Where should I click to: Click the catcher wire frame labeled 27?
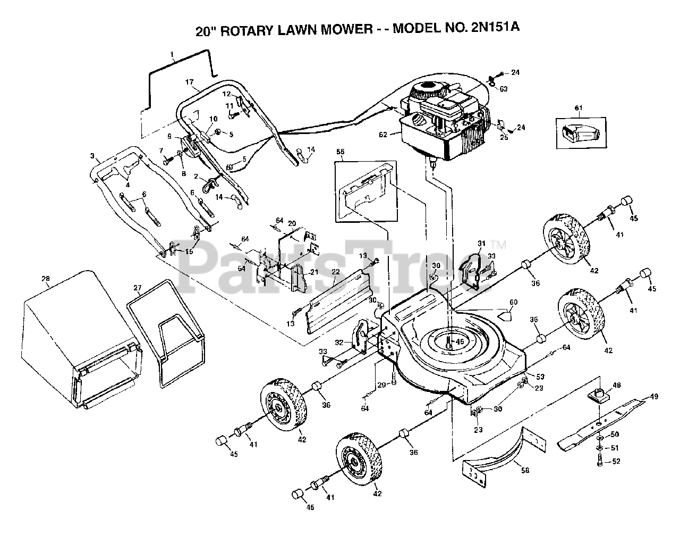point(165,335)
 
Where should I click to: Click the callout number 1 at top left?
point(172,54)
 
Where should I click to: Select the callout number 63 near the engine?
point(503,89)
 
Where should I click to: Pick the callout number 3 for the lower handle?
point(92,156)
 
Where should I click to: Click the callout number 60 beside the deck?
point(513,303)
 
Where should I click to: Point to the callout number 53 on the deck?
point(540,377)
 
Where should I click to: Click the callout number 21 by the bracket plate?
point(314,272)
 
